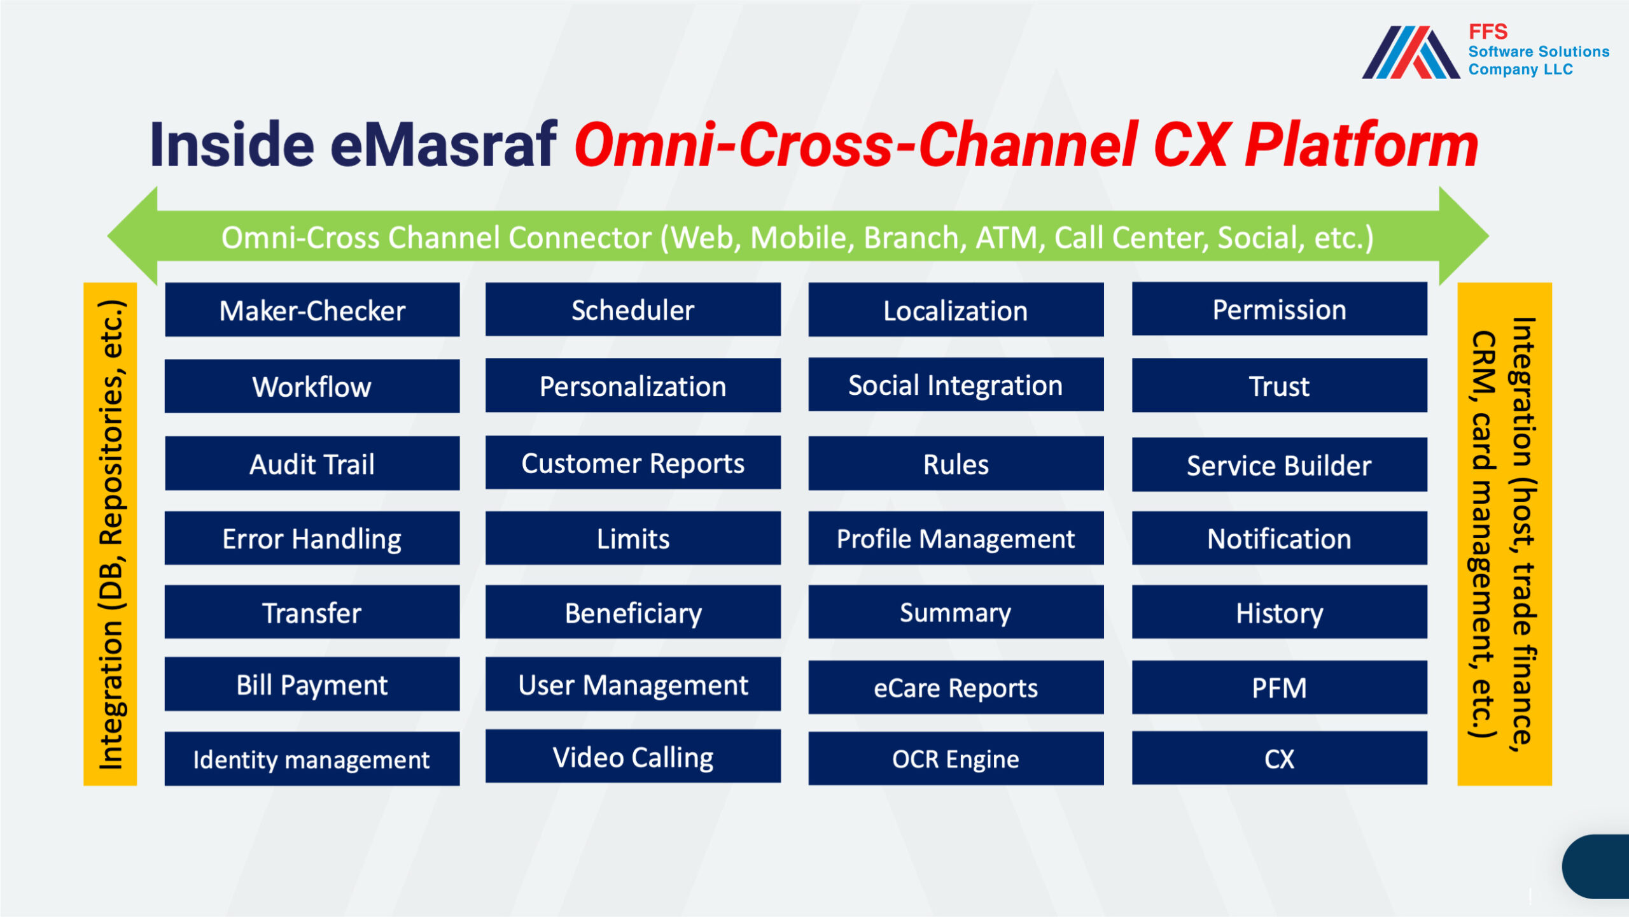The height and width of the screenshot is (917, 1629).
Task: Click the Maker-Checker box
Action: point(312,309)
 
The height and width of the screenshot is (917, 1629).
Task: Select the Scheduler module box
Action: point(633,309)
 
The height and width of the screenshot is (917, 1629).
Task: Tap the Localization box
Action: point(956,309)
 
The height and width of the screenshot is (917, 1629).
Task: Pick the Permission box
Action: point(1279,309)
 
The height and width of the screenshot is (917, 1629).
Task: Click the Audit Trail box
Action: point(312,463)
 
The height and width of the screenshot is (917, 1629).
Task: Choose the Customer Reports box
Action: point(633,462)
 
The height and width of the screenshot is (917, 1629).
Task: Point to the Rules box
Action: point(956,463)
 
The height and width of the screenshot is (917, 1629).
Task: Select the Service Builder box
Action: point(1279,464)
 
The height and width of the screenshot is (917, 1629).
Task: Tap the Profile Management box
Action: point(956,538)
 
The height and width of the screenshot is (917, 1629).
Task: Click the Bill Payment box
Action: point(312,684)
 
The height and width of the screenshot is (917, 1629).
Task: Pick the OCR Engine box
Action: point(956,758)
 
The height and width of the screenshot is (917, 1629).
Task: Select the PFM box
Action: point(1279,687)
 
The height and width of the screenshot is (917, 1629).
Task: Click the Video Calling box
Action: point(633,756)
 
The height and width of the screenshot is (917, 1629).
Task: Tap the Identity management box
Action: point(312,758)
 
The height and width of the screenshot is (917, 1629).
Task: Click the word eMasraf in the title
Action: point(444,145)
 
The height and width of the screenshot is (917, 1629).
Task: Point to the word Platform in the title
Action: point(1362,146)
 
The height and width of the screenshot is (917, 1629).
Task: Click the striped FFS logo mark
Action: point(1411,52)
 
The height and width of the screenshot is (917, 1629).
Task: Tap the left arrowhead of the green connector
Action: point(132,236)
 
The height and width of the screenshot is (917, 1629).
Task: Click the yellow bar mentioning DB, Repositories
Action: point(110,534)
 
